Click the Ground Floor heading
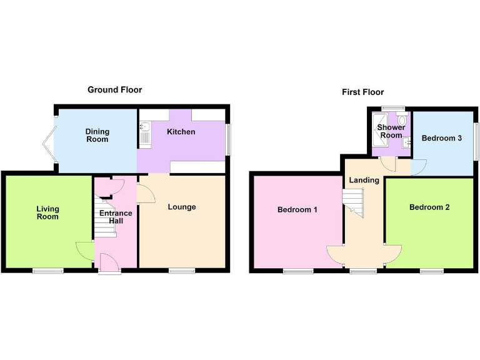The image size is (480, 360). point(114,90)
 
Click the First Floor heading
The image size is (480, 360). point(362,92)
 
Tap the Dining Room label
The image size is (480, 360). point(97,135)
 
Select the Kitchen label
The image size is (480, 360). point(181,132)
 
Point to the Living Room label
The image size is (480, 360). point(47,212)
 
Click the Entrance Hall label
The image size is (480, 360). point(116,217)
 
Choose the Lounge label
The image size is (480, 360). point(182,207)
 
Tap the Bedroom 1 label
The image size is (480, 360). point(297,210)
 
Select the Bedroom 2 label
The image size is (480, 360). point(429,207)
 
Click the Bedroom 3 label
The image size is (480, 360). point(441,138)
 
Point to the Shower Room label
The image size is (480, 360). point(391,131)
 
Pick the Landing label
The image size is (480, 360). point(364,180)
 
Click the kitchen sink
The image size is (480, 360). point(145,134)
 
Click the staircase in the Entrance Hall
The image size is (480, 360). point(105,216)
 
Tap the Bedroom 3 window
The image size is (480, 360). point(476,140)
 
